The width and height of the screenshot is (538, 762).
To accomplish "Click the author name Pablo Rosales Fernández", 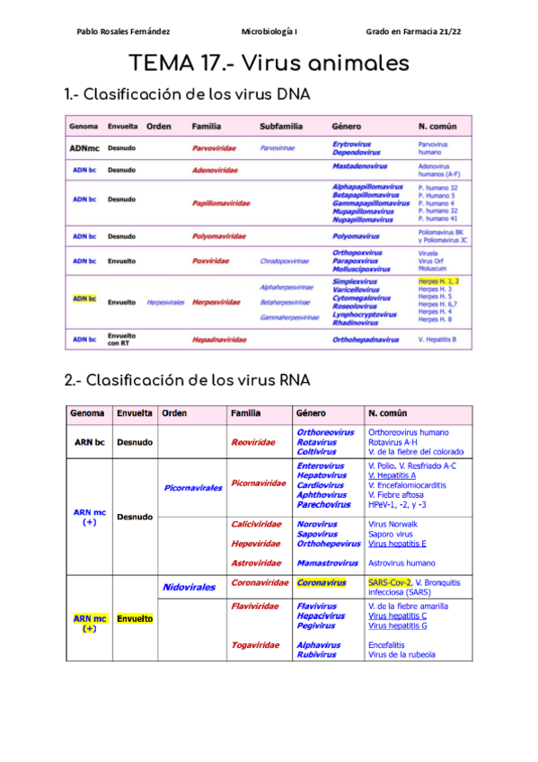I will point(123,31).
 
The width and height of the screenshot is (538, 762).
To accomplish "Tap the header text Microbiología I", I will point(269,31).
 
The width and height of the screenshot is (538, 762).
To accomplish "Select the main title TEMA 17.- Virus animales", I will point(269,64).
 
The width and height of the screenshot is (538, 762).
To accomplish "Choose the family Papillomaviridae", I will point(221,203).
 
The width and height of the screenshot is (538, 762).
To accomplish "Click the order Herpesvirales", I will point(165,303).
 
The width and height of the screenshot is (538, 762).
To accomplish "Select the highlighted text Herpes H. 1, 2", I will point(438,281).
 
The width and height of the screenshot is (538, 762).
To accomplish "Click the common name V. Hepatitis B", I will point(437,340).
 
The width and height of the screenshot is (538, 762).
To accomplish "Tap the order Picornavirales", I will point(193,488).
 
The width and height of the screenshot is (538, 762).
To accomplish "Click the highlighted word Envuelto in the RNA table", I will point(135,618).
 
